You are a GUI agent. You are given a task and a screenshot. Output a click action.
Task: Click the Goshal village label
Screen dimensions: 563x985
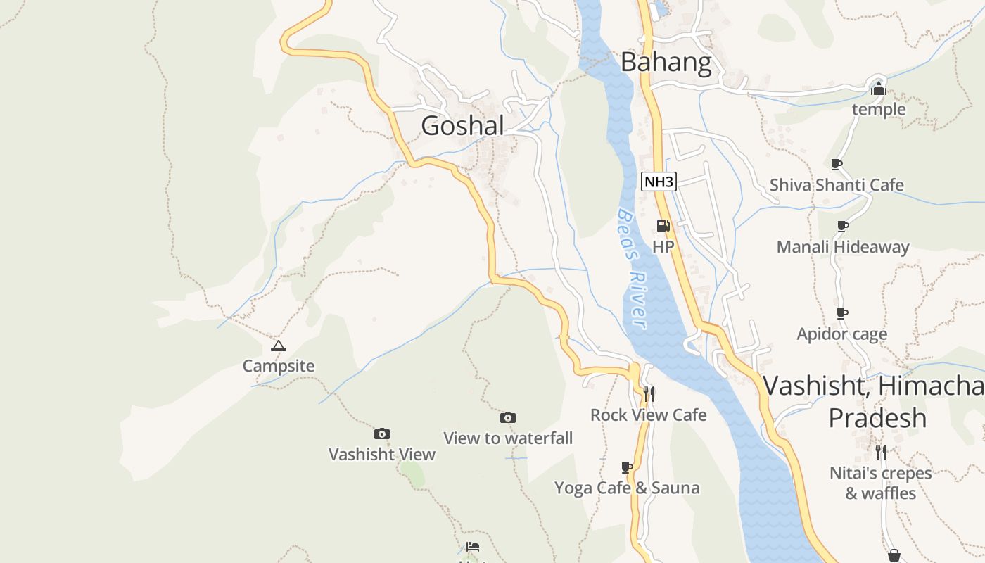(x=462, y=126)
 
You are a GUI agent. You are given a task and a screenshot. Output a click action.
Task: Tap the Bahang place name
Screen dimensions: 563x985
(x=666, y=63)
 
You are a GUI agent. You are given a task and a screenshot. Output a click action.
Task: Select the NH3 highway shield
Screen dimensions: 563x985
(x=659, y=182)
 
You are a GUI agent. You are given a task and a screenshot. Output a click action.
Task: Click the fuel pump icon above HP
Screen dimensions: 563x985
(x=663, y=226)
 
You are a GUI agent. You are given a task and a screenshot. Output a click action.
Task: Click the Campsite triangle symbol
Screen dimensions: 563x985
(x=279, y=346)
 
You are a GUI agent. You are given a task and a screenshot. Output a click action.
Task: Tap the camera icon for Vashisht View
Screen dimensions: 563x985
(x=382, y=434)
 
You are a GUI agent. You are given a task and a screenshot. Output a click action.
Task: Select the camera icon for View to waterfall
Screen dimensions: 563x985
(x=508, y=417)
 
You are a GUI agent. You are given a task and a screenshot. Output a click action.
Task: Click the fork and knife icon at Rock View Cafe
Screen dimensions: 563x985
(x=648, y=393)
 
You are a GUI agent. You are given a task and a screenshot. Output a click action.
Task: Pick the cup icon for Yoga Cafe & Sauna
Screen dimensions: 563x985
(x=627, y=467)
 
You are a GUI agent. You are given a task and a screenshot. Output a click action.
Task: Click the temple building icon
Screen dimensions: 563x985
(x=878, y=89)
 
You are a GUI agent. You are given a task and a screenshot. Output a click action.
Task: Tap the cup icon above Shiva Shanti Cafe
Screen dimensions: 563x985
(x=836, y=164)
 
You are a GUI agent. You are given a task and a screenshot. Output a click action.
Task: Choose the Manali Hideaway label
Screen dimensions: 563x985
(x=843, y=247)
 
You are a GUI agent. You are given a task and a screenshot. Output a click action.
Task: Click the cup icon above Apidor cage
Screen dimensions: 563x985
(x=842, y=313)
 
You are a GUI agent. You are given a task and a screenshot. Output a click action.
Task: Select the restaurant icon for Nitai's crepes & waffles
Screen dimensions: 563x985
(x=880, y=452)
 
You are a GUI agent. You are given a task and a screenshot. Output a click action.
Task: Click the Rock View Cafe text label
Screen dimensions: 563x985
(x=648, y=415)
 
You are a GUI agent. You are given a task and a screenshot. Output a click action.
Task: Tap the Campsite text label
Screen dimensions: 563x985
(x=279, y=366)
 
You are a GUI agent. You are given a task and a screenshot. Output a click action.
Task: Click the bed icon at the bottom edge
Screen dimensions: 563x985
(x=473, y=547)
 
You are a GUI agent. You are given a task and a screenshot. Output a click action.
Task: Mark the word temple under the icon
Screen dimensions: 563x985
(x=879, y=110)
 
